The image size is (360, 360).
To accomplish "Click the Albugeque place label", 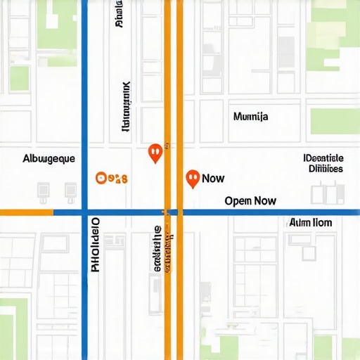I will pyautogui.click(x=49, y=159).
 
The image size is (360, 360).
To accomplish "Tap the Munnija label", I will pyautogui.click(x=250, y=117).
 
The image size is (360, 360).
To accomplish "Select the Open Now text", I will pyautogui.click(x=250, y=200).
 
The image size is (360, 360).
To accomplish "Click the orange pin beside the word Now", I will pyautogui.click(x=191, y=179).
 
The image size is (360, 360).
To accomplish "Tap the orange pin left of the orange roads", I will pyautogui.click(x=155, y=152).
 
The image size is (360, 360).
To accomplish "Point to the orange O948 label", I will pyautogui.click(x=111, y=179).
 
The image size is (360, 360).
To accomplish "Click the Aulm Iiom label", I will pyautogui.click(x=311, y=222).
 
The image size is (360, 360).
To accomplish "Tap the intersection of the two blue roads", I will pyautogui.click(x=84, y=212).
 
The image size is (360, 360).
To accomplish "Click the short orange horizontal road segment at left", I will pyautogui.click(x=26, y=212).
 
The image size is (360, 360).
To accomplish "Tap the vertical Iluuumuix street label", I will pyautogui.click(x=127, y=106).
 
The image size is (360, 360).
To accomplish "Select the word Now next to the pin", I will pyautogui.click(x=213, y=179).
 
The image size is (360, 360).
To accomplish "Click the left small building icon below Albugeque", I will pyautogui.click(x=43, y=190).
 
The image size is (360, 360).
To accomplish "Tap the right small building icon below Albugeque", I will pyautogui.click(x=70, y=190).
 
